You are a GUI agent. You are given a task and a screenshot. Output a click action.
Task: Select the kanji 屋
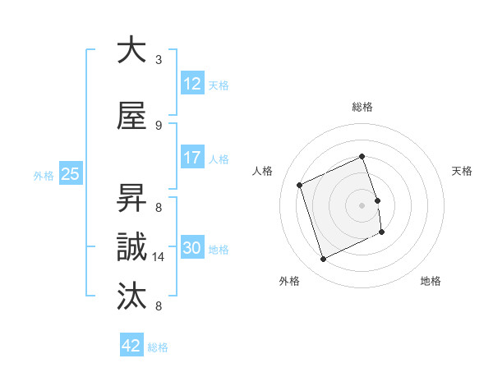tap(131, 117)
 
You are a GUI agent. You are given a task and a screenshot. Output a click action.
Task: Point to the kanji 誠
tap(131, 247)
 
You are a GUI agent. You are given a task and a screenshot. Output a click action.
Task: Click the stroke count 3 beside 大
tap(159, 60)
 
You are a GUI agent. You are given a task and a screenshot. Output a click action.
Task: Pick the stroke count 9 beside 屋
tap(159, 126)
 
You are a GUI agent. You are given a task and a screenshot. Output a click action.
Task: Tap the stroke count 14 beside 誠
tap(160, 257)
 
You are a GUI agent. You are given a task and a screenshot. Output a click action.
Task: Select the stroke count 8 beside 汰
tap(159, 306)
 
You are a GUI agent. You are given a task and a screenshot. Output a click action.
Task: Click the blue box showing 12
tap(191, 84)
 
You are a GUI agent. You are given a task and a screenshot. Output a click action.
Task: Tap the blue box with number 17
tap(191, 158)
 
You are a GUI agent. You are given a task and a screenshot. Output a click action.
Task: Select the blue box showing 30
tap(191, 248)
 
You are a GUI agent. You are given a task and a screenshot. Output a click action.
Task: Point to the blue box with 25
tap(70, 174)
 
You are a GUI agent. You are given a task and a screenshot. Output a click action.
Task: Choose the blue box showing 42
tap(131, 346)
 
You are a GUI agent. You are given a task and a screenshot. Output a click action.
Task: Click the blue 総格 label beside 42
tap(159, 347)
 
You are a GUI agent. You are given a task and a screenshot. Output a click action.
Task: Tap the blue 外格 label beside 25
tap(44, 175)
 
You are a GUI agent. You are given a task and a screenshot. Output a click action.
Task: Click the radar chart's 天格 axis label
tap(462, 171)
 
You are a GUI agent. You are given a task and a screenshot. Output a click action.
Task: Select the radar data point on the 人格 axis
tap(300, 185)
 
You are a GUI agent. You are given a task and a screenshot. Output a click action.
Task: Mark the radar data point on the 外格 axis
tap(323, 260)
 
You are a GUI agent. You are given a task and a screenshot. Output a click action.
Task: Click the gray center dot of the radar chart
tap(362, 204)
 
